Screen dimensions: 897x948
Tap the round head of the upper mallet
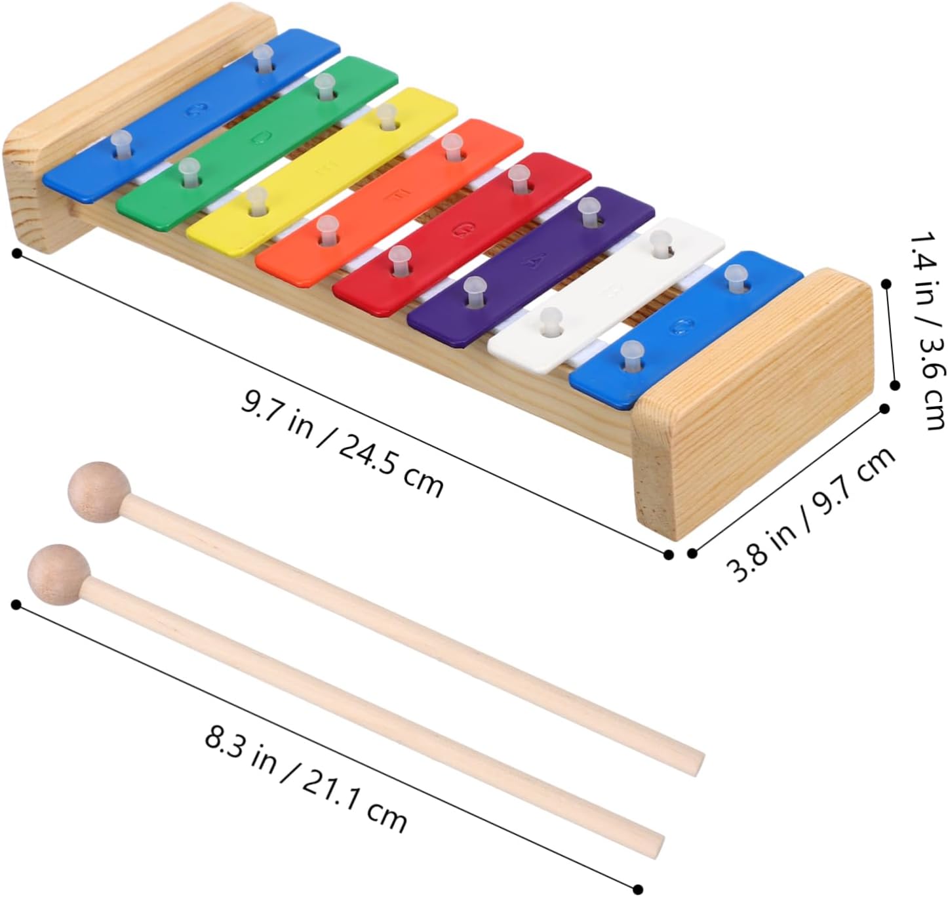tap(98, 492)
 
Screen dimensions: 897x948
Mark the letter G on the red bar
tap(462, 229)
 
